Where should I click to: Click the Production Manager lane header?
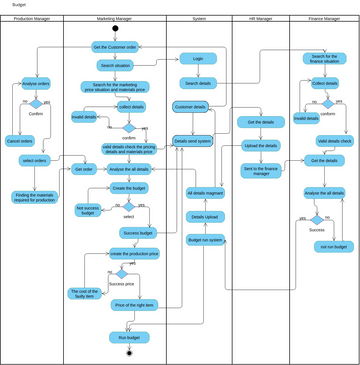(31, 19)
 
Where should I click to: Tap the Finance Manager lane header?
(322, 19)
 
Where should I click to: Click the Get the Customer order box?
(115, 47)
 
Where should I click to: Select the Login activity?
(197, 59)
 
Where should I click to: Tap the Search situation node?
(115, 65)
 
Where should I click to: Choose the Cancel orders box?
(20, 141)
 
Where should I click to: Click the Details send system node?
(193, 141)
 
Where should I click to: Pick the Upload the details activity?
(261, 145)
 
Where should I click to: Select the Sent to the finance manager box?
(261, 170)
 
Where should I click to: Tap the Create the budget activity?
(129, 188)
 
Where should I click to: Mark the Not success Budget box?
(88, 210)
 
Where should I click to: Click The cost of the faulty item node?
(84, 293)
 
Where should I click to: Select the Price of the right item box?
(135, 305)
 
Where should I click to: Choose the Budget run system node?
(205, 240)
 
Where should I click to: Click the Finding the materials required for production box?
(35, 197)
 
